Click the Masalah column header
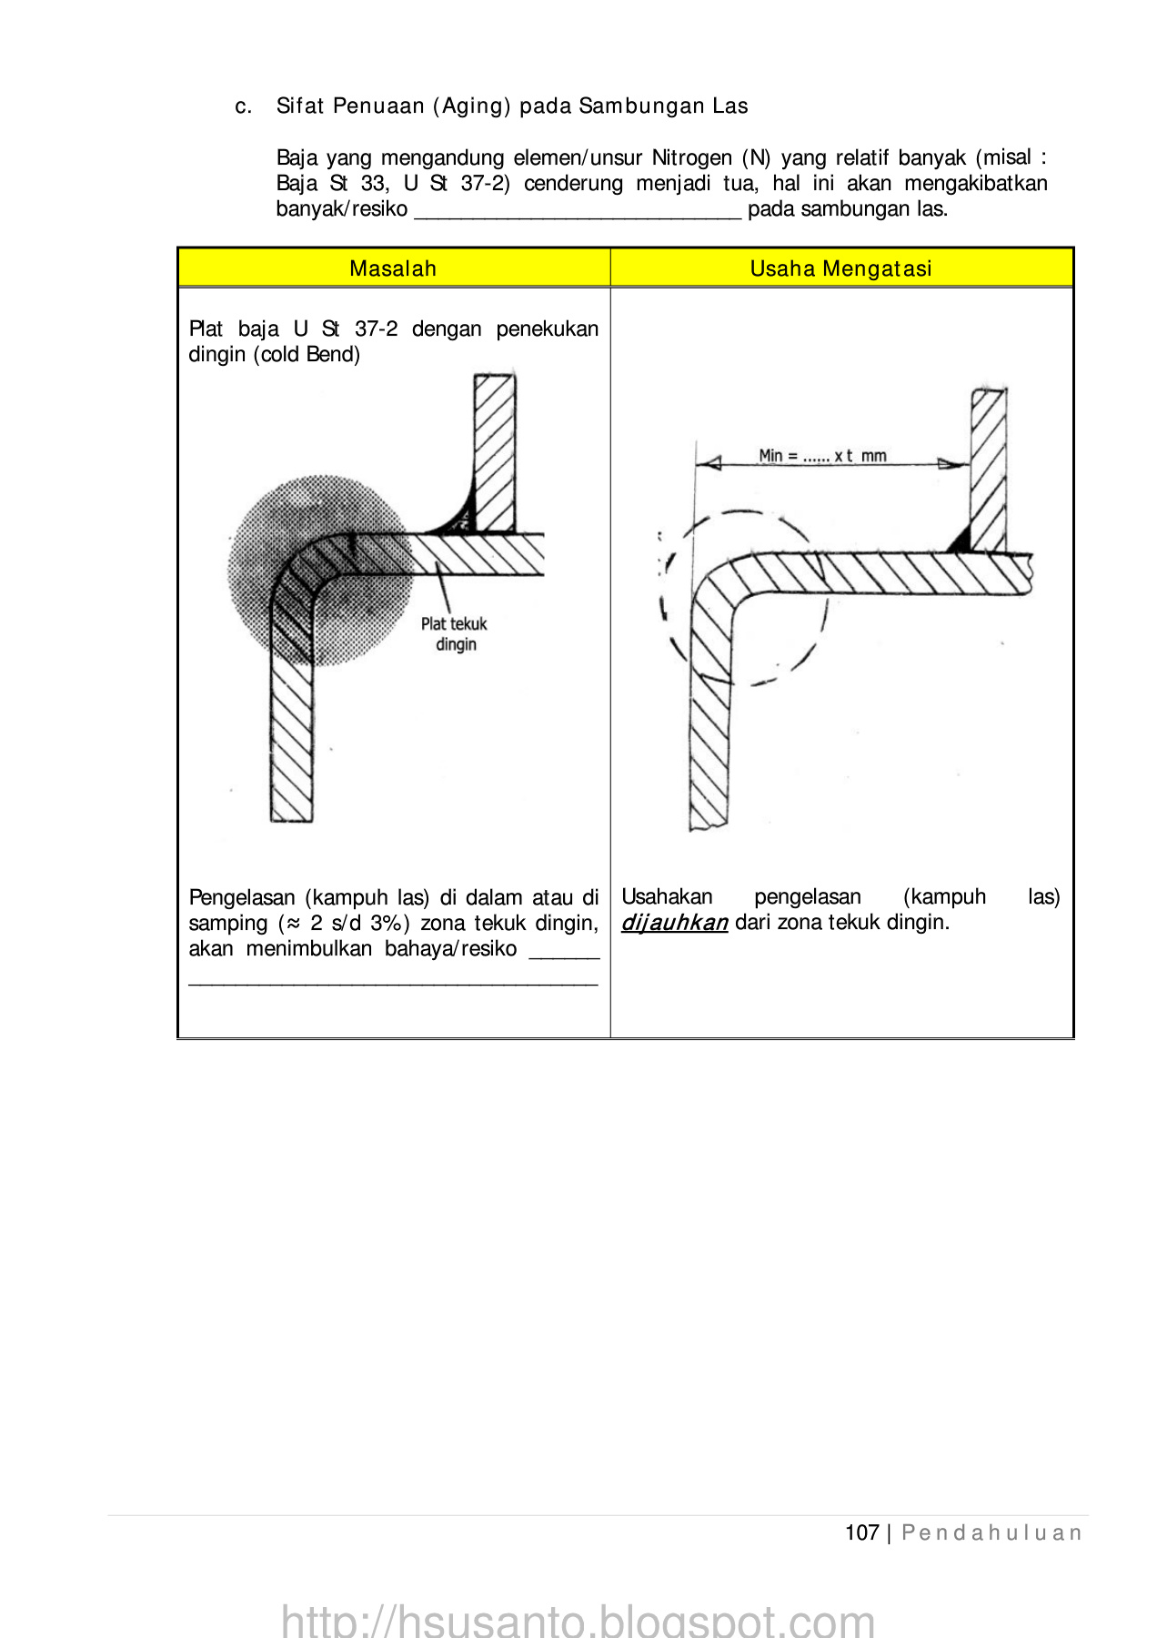tap(393, 268)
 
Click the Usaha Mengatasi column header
tap(840, 268)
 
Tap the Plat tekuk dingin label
tap(454, 634)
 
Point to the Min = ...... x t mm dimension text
tap(822, 455)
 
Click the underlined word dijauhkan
tap(674, 923)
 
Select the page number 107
tap(861, 1532)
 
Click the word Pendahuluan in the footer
tap(991, 1532)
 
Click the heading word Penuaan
tap(378, 106)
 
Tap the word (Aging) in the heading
tap(472, 106)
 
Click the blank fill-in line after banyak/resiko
tap(578, 211)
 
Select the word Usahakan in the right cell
tap(667, 896)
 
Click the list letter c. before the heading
tap(243, 106)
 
